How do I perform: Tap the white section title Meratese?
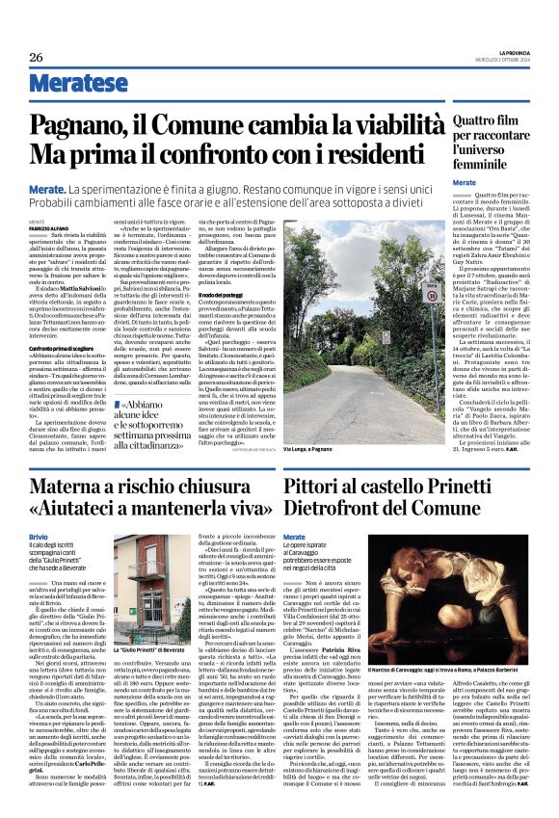67,84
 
